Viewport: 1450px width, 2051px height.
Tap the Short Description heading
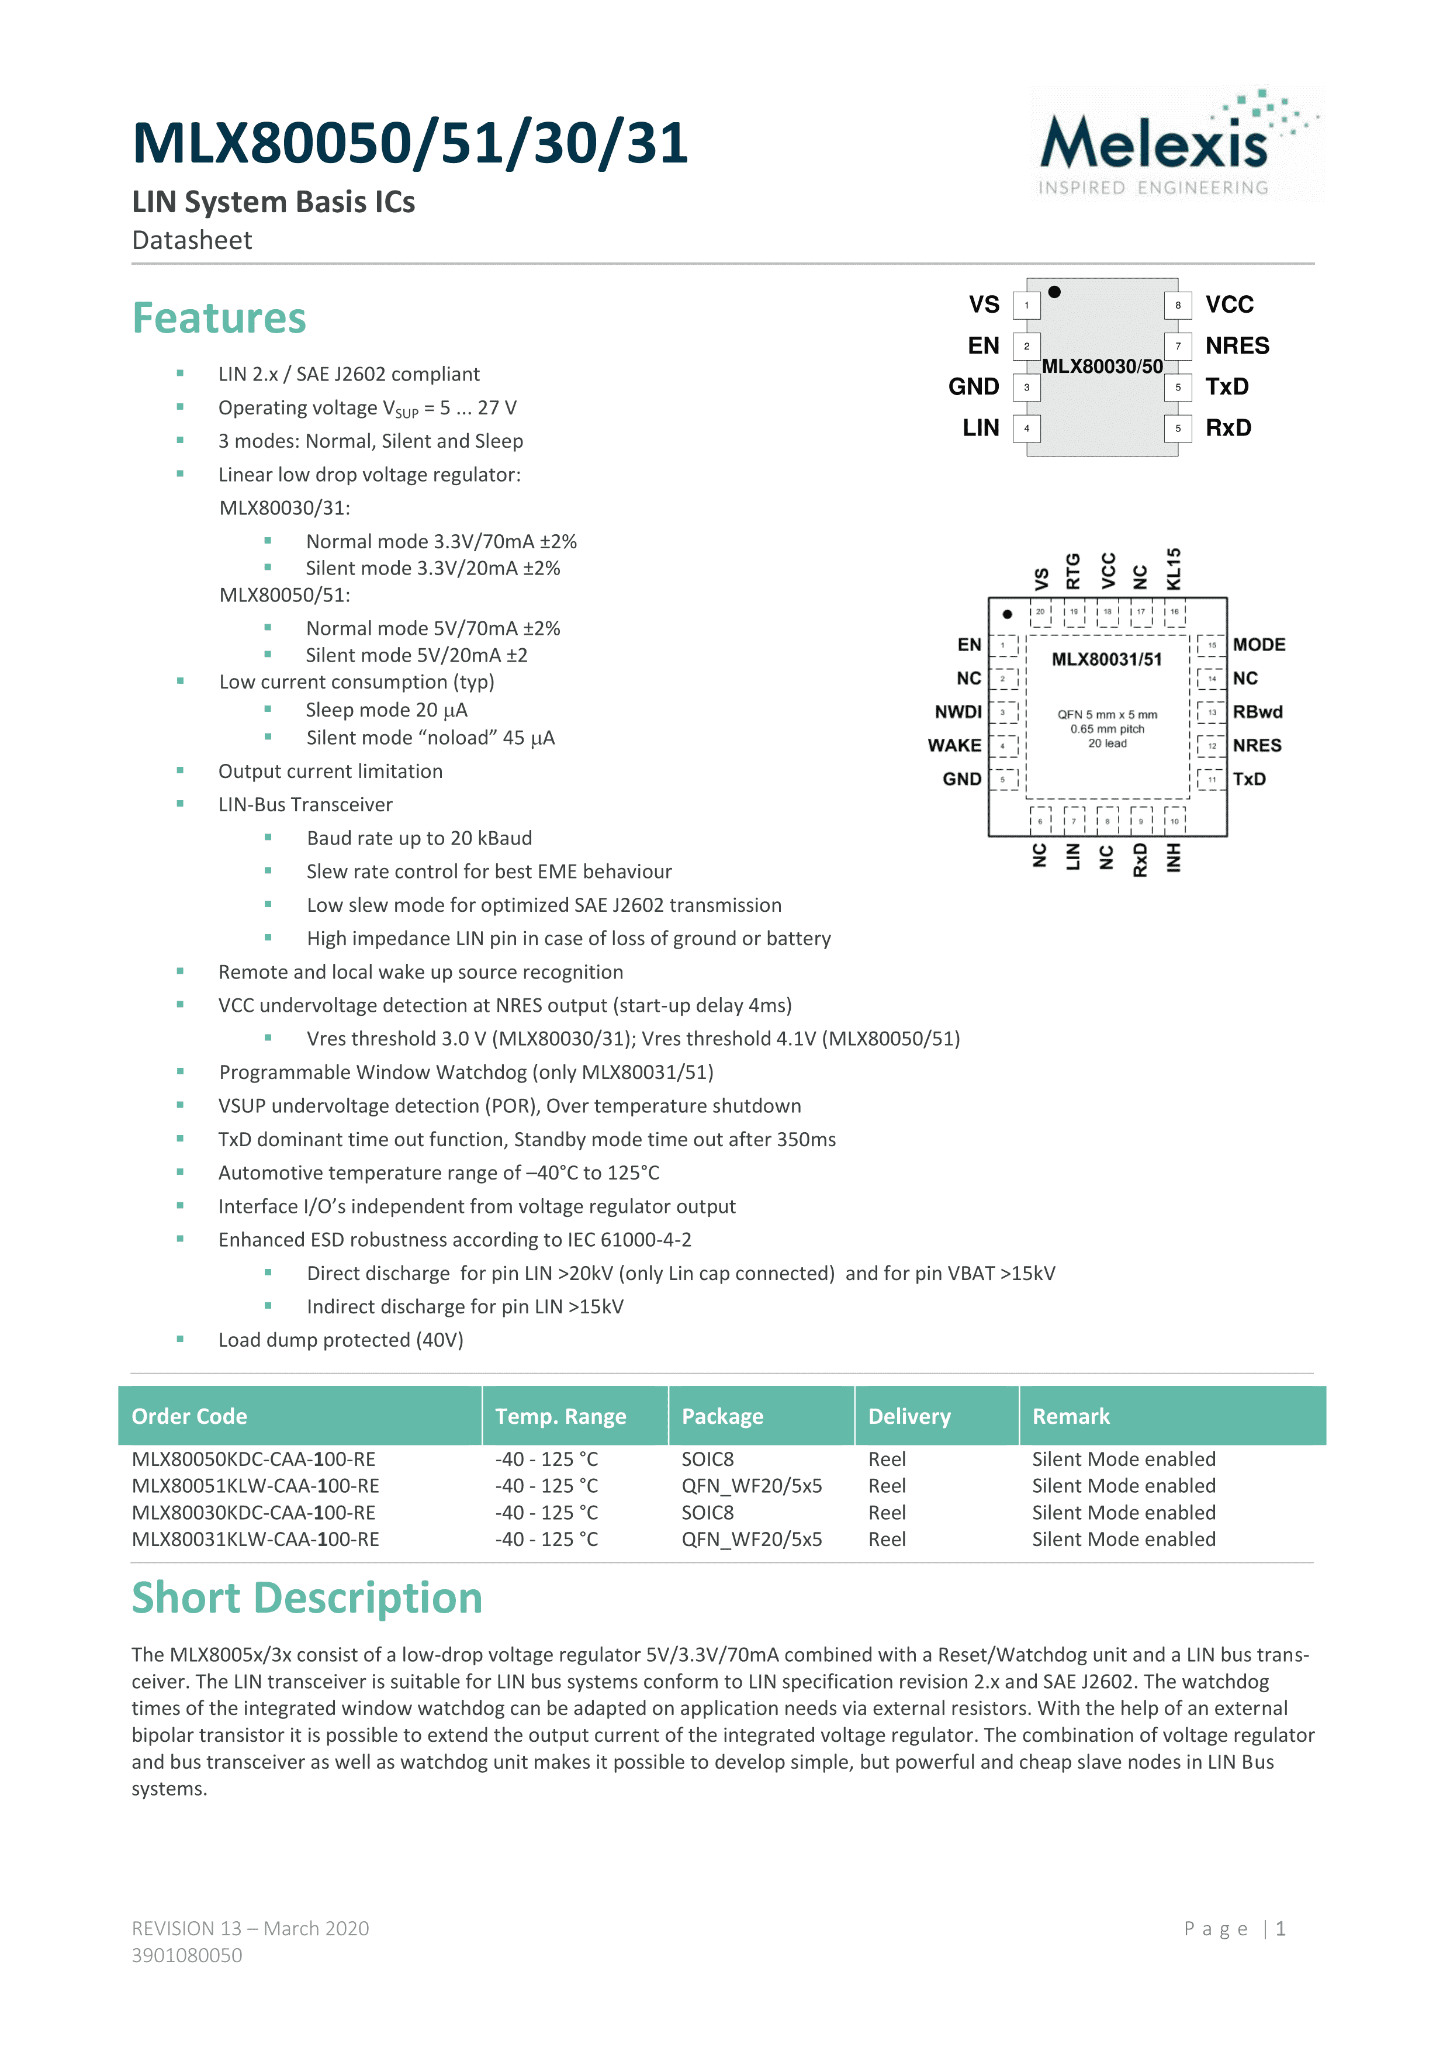pyautogui.click(x=306, y=1598)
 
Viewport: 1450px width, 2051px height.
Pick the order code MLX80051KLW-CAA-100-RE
pyautogui.click(x=255, y=1486)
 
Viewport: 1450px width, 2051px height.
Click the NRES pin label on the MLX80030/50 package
pyautogui.click(x=1237, y=345)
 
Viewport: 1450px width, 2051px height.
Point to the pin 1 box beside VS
pyautogui.click(x=1026, y=306)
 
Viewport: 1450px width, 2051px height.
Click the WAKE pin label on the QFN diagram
pyautogui.click(x=954, y=745)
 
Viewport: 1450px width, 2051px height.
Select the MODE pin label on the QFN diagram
pyautogui.click(x=1259, y=644)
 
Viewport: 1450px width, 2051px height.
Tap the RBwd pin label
pyautogui.click(x=1257, y=712)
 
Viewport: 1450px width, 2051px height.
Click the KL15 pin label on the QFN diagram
pyautogui.click(x=1174, y=569)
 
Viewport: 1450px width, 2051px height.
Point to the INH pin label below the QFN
pyautogui.click(x=1174, y=857)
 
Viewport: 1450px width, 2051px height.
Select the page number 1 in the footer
pyautogui.click(x=1281, y=1929)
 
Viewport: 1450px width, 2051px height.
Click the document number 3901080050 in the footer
pyautogui.click(x=186, y=1955)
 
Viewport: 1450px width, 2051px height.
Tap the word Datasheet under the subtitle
pyautogui.click(x=192, y=240)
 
